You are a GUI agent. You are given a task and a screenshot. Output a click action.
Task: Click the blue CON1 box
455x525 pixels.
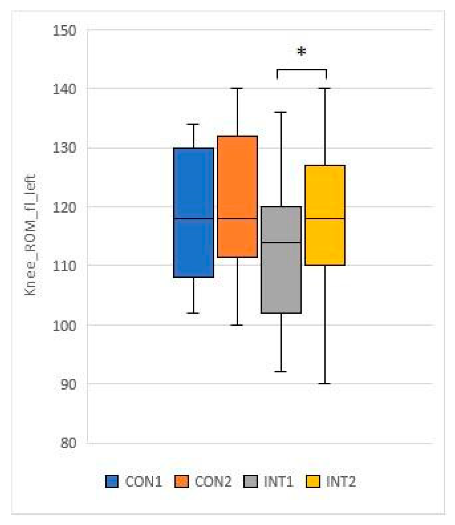coord(193,212)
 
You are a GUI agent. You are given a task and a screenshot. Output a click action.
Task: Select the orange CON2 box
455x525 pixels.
coord(237,197)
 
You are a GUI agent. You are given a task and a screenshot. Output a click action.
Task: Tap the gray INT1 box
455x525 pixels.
coord(281,260)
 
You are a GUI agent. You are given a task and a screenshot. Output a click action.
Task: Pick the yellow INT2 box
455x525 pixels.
coord(325,215)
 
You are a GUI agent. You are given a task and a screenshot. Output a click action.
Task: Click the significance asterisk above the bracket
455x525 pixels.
coord(301,52)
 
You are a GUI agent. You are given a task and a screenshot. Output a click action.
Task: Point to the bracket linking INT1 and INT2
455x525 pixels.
coord(301,70)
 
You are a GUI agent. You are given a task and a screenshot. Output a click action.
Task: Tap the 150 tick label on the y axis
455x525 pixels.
coord(64,31)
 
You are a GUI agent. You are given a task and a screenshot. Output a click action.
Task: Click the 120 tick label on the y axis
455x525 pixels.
coord(64,207)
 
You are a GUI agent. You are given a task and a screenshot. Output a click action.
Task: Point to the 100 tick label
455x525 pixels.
coord(64,325)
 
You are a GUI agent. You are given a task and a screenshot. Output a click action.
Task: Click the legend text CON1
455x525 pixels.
coord(144,482)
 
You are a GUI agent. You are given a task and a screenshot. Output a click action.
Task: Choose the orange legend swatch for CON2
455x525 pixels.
coord(181,482)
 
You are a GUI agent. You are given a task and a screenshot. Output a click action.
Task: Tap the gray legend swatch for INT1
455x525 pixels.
coord(250,482)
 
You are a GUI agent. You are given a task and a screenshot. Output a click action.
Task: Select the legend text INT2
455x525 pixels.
coord(340,482)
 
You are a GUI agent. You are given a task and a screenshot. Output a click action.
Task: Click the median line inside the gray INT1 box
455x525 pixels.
coord(281,243)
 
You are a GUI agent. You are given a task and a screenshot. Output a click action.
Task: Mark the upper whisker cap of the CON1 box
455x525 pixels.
coord(193,124)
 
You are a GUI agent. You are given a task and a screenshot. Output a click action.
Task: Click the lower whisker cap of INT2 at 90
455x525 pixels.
coord(325,384)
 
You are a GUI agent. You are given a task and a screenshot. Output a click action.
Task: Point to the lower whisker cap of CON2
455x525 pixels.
coord(237,325)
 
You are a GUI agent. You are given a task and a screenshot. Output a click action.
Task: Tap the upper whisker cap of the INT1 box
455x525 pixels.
coord(281,112)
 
